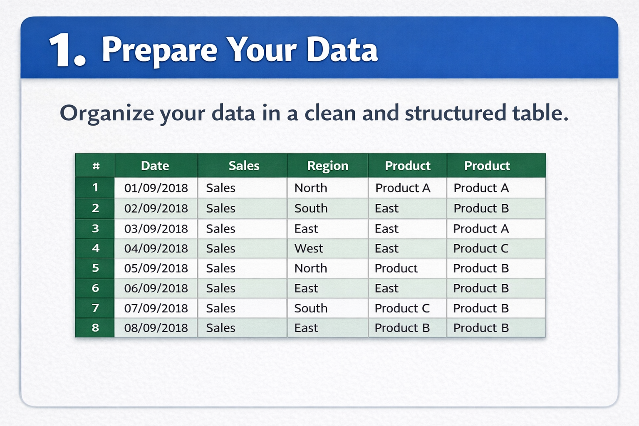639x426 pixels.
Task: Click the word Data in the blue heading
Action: coord(342,50)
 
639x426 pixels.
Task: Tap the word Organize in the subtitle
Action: coord(106,113)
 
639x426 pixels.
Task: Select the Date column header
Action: coord(155,166)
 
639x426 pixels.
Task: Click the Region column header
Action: coord(327,166)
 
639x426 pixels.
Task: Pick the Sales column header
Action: coord(244,166)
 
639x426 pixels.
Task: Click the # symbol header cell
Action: coord(96,166)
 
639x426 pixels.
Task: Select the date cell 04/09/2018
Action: coord(156,248)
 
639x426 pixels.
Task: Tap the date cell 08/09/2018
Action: coord(156,328)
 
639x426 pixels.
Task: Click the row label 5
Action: coord(95,268)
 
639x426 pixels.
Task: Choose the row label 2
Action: coord(95,208)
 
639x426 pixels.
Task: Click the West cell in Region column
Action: coord(309,248)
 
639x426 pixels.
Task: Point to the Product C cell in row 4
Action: coord(480,248)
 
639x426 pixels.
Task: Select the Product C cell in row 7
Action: coord(402,308)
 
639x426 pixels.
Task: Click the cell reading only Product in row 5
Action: coord(396,268)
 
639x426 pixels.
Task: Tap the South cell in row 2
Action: coord(311,208)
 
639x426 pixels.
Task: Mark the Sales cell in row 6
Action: coord(220,288)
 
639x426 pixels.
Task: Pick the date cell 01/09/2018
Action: coord(156,188)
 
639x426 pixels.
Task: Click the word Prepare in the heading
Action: coord(159,50)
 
